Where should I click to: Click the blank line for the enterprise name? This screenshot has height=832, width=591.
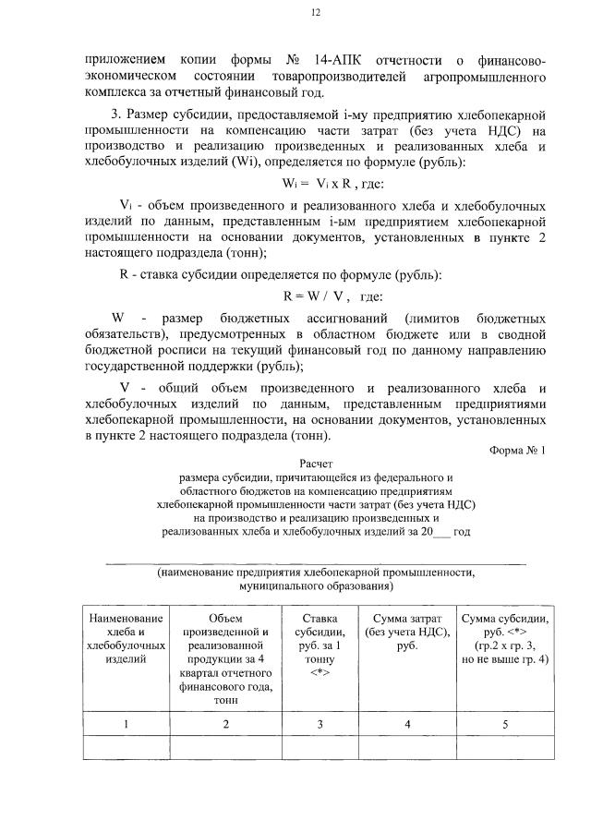(315, 561)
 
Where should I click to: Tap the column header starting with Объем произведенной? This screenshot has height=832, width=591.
(225, 658)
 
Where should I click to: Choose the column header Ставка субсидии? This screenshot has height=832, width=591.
(320, 645)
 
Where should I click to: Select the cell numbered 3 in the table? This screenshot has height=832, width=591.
(320, 725)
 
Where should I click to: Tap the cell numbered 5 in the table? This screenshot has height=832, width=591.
(504, 725)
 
